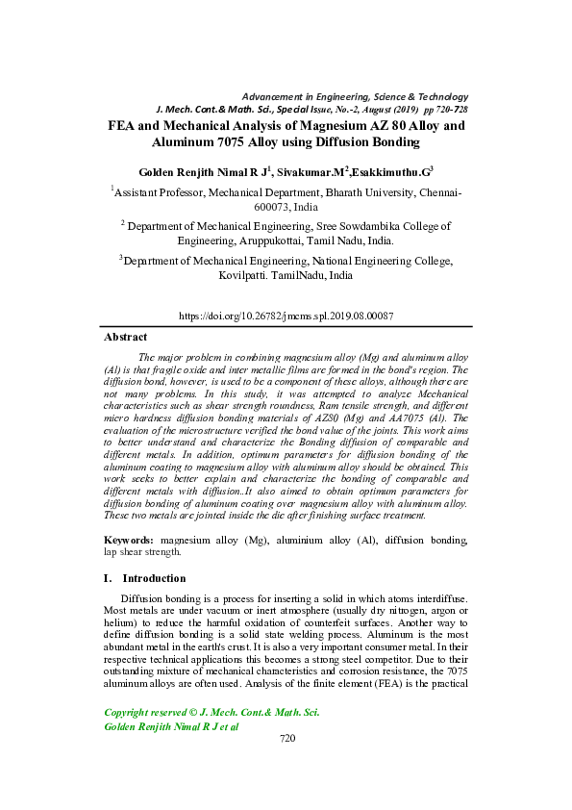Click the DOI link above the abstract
[287, 316]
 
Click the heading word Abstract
[125, 338]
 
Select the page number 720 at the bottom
[286, 739]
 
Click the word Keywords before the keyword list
[129, 542]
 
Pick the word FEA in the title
[123, 126]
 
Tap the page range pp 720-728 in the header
[441, 111]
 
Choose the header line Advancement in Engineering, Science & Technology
[355, 97]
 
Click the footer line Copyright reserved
[211, 713]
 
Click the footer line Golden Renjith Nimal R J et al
[170, 727]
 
